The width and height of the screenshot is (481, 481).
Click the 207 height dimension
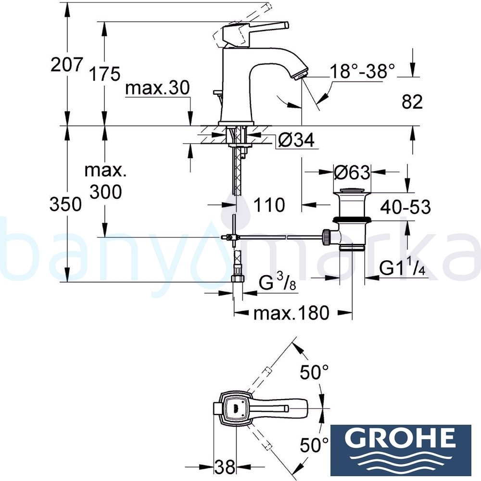67,64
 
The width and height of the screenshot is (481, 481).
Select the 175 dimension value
104,74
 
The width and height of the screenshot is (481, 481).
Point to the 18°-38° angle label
362,72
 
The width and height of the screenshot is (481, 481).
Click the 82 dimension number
412,101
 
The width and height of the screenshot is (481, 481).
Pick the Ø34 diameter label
296,140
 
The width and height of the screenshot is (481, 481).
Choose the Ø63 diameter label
352,172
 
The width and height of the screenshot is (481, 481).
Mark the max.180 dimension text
291,313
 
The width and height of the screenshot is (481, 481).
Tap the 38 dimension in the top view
225,466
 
